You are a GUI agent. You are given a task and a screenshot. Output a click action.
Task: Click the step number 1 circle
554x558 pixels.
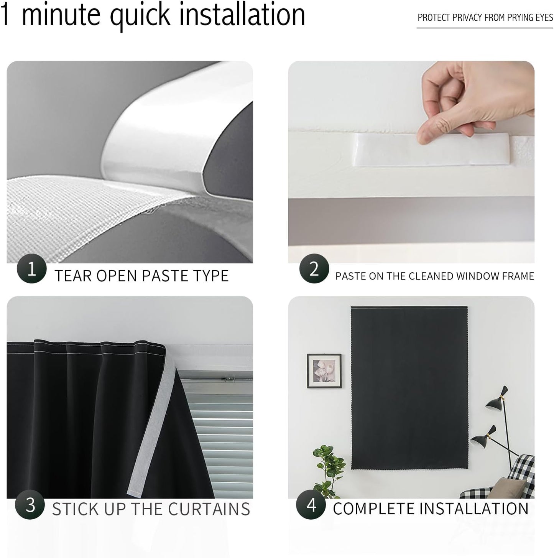point(31,268)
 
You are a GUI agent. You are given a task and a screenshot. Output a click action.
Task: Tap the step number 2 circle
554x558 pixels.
point(314,268)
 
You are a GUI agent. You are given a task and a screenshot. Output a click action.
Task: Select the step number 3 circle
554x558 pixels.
point(30,505)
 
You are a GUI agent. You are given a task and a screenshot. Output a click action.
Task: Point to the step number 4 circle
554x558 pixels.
point(311,505)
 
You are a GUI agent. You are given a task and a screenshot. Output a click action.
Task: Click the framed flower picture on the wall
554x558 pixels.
point(324,371)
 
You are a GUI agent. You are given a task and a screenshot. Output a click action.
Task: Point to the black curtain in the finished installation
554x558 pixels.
point(409,387)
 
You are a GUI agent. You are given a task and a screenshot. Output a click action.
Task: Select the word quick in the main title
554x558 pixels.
point(140,15)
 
